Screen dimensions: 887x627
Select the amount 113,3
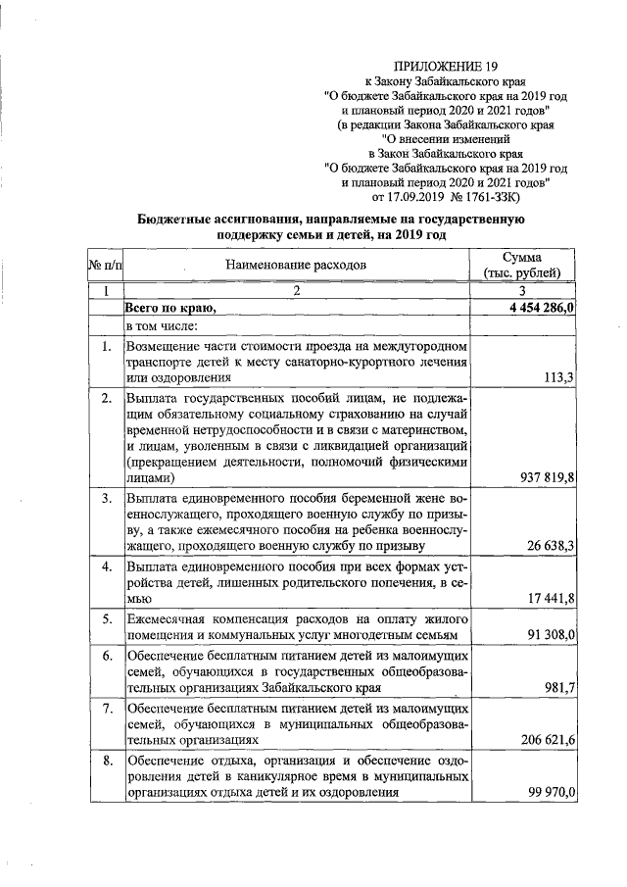557,377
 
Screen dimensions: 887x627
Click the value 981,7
557,687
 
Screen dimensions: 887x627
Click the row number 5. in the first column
106,620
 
